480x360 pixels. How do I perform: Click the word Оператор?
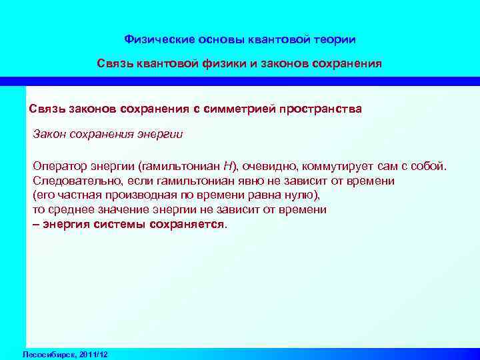tap(57, 165)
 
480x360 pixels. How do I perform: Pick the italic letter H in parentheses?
tap(227, 165)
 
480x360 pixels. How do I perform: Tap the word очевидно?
tap(270, 165)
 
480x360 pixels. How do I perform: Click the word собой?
tap(430, 165)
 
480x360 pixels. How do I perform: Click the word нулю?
tap(304, 195)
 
